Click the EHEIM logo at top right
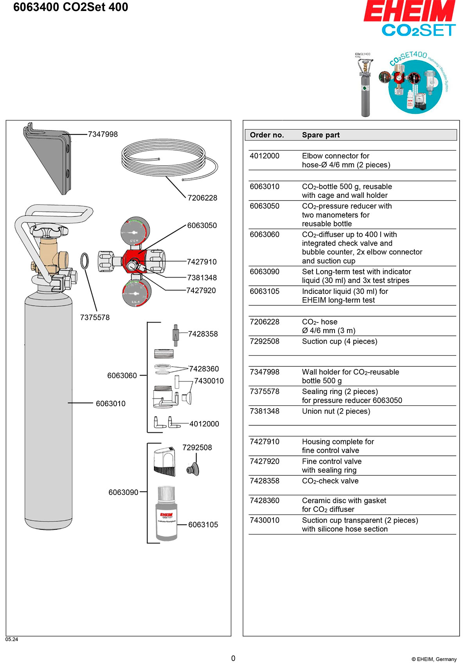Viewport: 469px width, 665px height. tap(410, 12)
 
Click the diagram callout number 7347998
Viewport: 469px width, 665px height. tap(103, 134)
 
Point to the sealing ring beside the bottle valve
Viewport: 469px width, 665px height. tap(84, 261)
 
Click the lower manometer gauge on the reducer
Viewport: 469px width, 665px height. tap(136, 293)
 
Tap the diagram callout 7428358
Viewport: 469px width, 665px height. tap(203, 334)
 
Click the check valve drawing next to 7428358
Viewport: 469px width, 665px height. tap(175, 335)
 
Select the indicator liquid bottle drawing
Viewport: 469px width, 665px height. tap(166, 514)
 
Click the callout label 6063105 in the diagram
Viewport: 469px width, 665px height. tap(203, 525)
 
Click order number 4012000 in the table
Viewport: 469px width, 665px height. tap(265, 156)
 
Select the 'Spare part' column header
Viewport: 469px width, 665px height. tap(321, 135)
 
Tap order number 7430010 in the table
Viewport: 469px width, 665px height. tap(265, 520)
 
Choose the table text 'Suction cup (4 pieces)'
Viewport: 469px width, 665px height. tap(340, 341)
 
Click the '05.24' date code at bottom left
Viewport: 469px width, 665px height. tap(12, 639)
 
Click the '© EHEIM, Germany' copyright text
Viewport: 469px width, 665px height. tap(434, 659)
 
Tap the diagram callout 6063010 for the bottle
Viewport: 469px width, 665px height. tap(111, 403)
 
